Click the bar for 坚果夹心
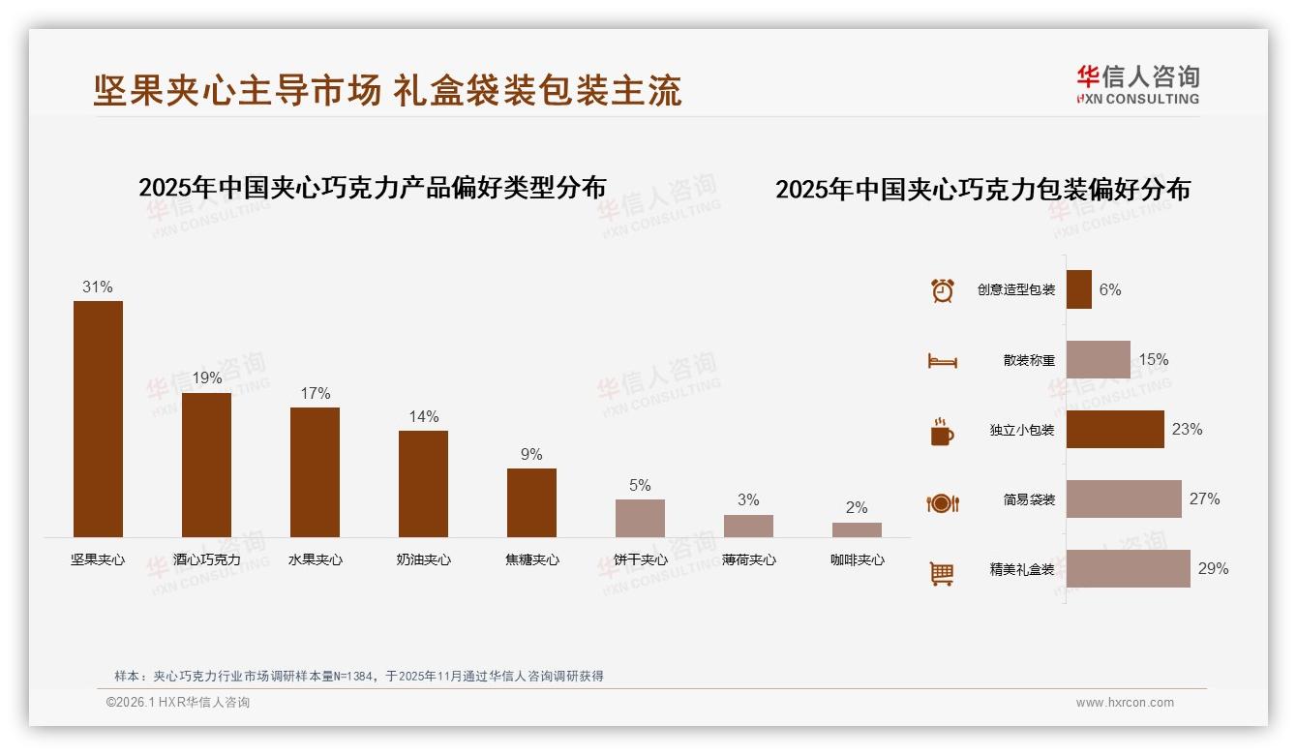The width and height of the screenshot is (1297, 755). click(x=98, y=418)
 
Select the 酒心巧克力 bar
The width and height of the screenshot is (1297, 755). click(x=206, y=465)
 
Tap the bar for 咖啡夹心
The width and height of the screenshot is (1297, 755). click(x=857, y=529)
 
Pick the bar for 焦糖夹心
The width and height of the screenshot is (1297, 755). click(x=531, y=502)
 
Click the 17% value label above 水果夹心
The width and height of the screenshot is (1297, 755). click(x=315, y=393)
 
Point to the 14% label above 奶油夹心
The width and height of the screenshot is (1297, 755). click(x=423, y=416)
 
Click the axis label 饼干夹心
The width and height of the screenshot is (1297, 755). click(x=641, y=559)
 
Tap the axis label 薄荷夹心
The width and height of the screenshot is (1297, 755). click(x=748, y=559)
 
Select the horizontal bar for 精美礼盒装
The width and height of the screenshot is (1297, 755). click(x=1128, y=568)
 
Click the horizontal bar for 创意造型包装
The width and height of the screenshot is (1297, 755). click(x=1078, y=289)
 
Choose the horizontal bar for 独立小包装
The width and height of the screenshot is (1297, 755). click(x=1115, y=429)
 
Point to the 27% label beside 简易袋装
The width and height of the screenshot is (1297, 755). click(x=1204, y=498)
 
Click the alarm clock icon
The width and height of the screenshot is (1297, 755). click(x=942, y=289)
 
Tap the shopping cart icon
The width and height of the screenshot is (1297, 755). click(x=941, y=573)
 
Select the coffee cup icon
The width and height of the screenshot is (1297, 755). click(x=941, y=431)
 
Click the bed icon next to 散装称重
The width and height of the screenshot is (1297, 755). click(x=942, y=360)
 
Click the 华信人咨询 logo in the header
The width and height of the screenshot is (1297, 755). click(x=1137, y=85)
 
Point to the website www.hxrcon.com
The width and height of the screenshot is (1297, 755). click(x=1125, y=703)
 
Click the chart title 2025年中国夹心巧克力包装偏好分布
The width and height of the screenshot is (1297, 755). click(x=982, y=189)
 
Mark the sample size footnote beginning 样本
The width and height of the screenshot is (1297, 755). click(x=358, y=676)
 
